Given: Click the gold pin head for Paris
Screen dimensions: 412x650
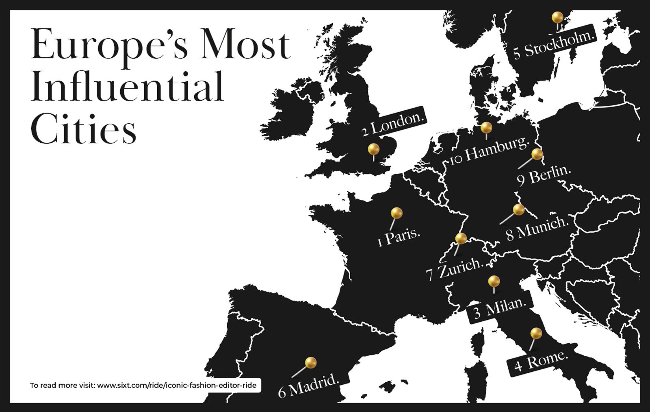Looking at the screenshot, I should (x=396, y=213).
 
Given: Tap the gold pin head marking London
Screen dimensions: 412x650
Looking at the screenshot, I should (x=373, y=149).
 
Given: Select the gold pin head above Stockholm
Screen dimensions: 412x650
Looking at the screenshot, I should (x=557, y=17).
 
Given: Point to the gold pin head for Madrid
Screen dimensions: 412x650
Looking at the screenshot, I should (x=311, y=362).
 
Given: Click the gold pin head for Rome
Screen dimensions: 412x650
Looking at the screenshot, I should (x=536, y=334).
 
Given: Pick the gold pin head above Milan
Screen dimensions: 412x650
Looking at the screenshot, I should (x=494, y=281).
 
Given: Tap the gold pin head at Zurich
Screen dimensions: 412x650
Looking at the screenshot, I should (x=461, y=238).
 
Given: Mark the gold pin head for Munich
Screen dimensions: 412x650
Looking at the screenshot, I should (x=519, y=209).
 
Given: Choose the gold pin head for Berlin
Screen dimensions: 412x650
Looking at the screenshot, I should (x=537, y=154).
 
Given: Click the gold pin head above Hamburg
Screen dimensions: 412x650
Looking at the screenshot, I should (x=486, y=128).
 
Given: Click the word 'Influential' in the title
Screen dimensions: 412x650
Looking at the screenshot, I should (x=127, y=87).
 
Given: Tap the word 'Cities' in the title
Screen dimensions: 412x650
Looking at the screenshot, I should (x=83, y=129).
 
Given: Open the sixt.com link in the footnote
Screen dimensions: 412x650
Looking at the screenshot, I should (x=177, y=385).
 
